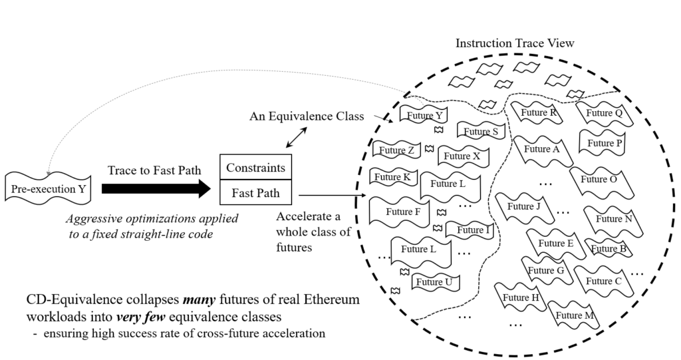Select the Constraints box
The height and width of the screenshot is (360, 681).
coord(255,168)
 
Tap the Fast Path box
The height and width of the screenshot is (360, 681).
coord(255,194)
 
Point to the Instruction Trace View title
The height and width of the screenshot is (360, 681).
coord(514,43)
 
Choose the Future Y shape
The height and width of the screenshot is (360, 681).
coord(421,114)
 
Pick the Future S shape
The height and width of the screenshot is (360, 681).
coord(481,131)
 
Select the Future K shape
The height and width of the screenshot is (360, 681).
coord(392,177)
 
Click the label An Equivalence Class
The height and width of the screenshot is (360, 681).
coord(307,116)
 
